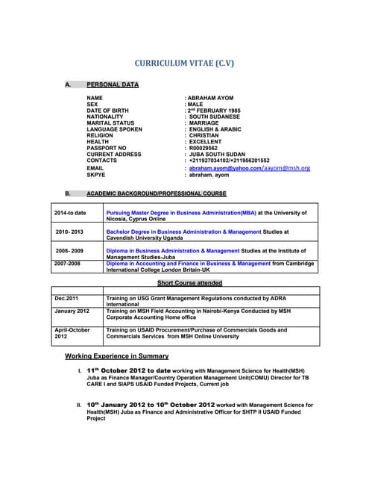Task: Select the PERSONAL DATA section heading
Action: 113,84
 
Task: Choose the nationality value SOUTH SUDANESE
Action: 215,117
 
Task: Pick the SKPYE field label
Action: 96,176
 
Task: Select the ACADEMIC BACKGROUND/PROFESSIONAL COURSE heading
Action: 156,193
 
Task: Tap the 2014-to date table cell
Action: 70,213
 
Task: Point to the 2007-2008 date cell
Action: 68,264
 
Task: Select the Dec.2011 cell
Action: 66,299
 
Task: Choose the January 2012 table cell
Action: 72,311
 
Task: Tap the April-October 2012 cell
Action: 72,333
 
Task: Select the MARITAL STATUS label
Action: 110,123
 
